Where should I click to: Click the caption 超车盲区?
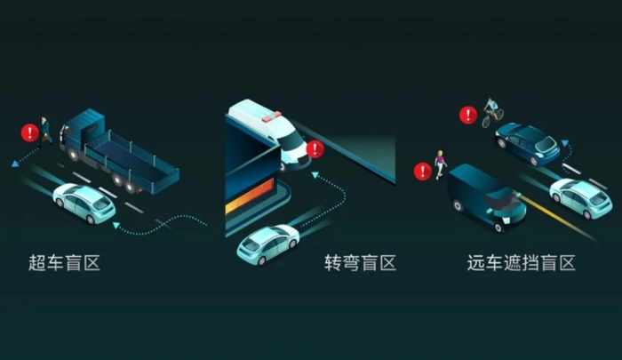coord(64,263)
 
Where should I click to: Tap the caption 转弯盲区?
coord(360,263)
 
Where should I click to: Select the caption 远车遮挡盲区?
coord(522,263)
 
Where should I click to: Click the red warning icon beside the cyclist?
coord(468,115)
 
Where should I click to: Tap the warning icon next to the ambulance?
coord(315,149)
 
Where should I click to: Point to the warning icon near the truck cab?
coord(29,132)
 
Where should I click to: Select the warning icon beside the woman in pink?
coord(422,172)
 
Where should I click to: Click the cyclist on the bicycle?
coord(492,112)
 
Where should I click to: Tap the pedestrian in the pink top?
coord(440,164)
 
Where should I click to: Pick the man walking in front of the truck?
coord(45,130)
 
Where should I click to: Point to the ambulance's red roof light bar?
coord(271,116)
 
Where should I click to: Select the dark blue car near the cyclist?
coord(527,144)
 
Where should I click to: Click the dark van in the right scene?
coord(488,197)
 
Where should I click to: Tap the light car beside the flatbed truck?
coord(84,203)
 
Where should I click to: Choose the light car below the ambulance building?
coord(267,244)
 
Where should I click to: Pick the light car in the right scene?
coord(581,198)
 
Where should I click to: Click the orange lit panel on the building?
coord(250,196)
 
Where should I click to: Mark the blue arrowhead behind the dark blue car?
coord(565,142)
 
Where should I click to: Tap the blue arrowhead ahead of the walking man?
coord(15,164)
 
